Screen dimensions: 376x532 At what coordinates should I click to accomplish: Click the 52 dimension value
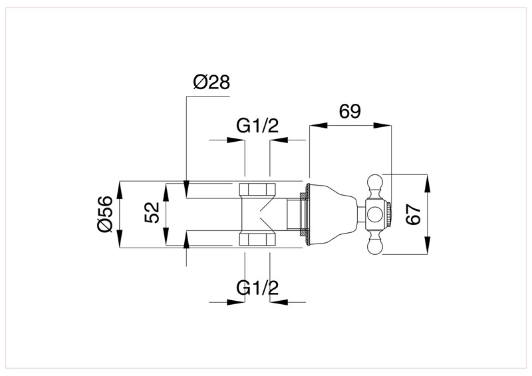coord(152,214)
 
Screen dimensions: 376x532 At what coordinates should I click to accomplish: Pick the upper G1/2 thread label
coord(257,126)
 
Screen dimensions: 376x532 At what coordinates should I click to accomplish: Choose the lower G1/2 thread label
coord(257,287)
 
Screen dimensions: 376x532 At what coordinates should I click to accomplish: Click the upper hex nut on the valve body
coord(257,188)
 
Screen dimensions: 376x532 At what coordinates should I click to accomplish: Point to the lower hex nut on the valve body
coord(257,240)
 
